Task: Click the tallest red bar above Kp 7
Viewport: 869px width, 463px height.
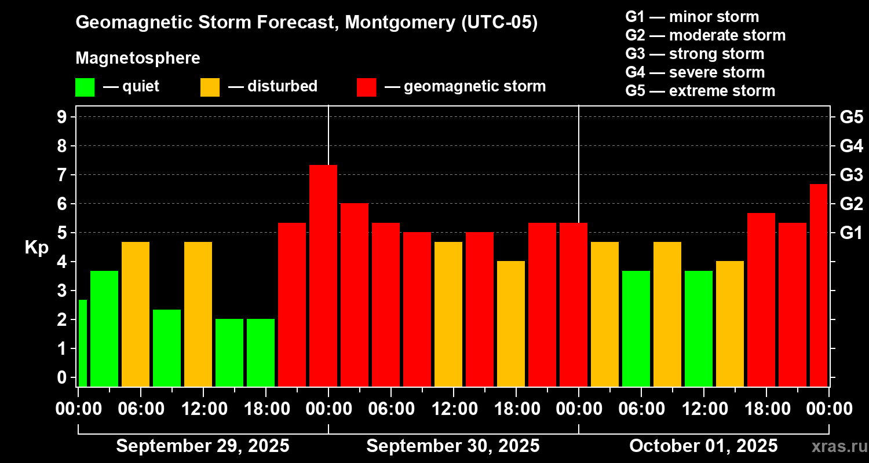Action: coord(323,275)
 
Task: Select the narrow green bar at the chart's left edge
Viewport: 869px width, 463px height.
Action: coord(82,343)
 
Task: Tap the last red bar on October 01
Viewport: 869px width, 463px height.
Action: coord(818,285)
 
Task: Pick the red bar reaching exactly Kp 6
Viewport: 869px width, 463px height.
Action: coord(355,295)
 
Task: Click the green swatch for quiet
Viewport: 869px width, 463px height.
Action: coord(85,87)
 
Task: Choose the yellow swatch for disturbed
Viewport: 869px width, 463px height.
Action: coord(210,87)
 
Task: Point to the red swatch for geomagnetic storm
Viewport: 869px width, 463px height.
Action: coord(366,87)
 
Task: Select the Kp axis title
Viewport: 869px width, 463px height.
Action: coord(36,248)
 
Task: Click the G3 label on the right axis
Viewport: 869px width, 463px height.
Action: coord(851,175)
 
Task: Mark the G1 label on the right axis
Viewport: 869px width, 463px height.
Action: coord(851,233)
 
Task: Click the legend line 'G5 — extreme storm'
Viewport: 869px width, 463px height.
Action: coord(700,91)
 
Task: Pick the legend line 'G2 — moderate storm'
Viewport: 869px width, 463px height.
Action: coord(705,35)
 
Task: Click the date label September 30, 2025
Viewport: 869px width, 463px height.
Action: coord(453,446)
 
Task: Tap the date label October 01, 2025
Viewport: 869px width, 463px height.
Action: coord(703,446)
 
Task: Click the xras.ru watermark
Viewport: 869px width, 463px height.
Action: coord(835,447)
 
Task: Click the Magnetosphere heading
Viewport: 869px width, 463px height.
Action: coord(138,58)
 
